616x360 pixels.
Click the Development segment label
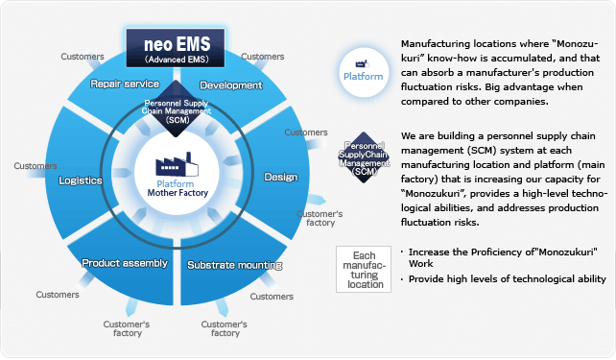pyautogui.click(x=230, y=85)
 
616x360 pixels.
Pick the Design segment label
pyautogui.click(x=280, y=177)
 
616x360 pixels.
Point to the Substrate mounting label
pyautogui.click(x=234, y=264)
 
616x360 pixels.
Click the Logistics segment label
pyautogui.click(x=80, y=180)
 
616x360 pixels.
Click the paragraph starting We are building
pyautogui.click(x=503, y=179)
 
